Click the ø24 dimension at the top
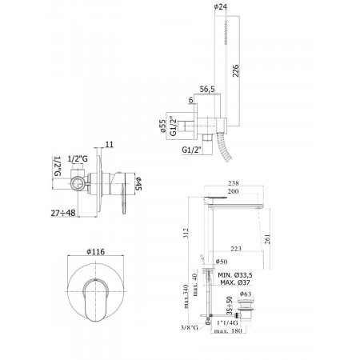click(220, 6)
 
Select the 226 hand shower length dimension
click(235, 70)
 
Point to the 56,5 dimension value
click(207, 89)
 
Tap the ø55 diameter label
click(162, 126)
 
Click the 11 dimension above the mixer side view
click(110, 144)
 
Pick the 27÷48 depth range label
click(63, 213)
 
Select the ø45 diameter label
click(138, 183)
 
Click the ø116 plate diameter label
click(96, 251)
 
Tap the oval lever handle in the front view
click(96, 300)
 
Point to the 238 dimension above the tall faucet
click(234, 183)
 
